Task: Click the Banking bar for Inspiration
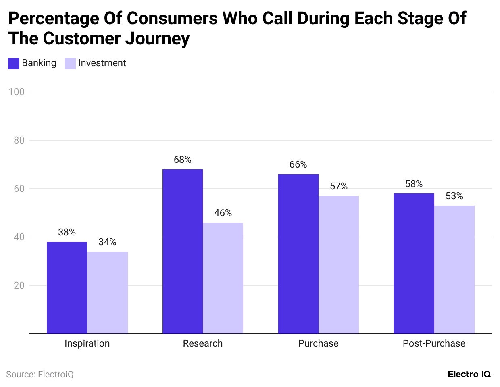(x=67, y=287)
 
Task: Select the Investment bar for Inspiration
(x=107, y=292)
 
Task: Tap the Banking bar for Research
(x=183, y=251)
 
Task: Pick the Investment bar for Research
(x=223, y=278)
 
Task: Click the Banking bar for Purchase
(x=298, y=254)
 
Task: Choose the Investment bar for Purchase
(x=339, y=264)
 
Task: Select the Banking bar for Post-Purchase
(x=414, y=263)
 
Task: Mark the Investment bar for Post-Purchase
(x=454, y=269)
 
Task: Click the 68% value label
(x=183, y=160)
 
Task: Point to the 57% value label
(x=339, y=186)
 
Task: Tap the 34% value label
(x=107, y=242)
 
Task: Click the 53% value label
(x=454, y=196)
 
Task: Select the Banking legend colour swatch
(x=14, y=64)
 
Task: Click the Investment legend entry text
(x=102, y=63)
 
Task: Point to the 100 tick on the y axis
(x=17, y=92)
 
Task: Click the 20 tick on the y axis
(x=19, y=285)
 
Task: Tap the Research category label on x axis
(x=203, y=343)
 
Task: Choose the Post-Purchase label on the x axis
(x=434, y=343)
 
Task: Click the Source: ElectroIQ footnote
(x=40, y=375)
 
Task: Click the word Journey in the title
(x=157, y=39)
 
